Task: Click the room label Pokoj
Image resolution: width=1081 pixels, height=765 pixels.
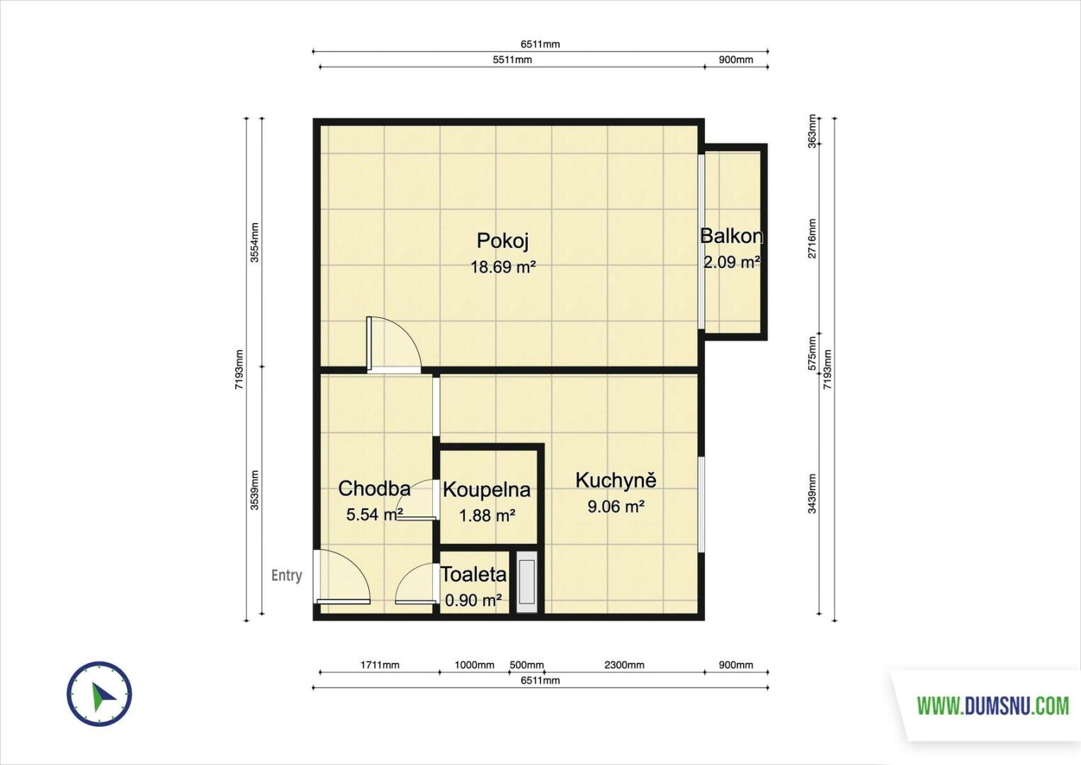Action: (503, 240)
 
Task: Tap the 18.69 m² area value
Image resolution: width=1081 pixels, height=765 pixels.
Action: (504, 267)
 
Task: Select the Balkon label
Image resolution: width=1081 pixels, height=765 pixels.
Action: (732, 236)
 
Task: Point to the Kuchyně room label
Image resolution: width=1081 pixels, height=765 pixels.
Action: (616, 480)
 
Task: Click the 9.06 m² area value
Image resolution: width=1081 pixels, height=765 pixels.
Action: (616, 506)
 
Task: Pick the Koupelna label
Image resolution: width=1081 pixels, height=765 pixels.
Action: (487, 490)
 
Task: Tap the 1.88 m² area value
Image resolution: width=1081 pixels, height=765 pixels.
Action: (487, 516)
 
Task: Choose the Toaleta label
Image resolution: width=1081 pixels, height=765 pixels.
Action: (474, 574)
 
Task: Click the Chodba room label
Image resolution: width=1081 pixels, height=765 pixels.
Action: (374, 489)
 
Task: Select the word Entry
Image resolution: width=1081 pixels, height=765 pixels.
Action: (287, 575)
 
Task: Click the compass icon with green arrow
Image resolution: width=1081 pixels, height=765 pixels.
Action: (99, 693)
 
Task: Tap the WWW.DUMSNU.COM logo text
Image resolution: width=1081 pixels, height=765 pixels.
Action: (992, 706)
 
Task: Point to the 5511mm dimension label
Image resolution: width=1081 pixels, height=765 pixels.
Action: (512, 59)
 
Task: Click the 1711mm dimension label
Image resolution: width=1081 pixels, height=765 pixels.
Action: (380, 665)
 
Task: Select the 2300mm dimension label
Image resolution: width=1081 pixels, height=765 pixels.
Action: (624, 665)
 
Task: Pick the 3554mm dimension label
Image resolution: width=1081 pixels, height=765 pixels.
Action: (255, 242)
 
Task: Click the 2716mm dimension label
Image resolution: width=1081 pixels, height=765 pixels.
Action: (813, 239)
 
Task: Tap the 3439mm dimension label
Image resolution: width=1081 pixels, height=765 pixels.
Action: (813, 494)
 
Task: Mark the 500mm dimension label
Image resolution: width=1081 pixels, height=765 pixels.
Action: (526, 665)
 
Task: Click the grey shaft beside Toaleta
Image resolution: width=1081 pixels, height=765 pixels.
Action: (527, 582)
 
